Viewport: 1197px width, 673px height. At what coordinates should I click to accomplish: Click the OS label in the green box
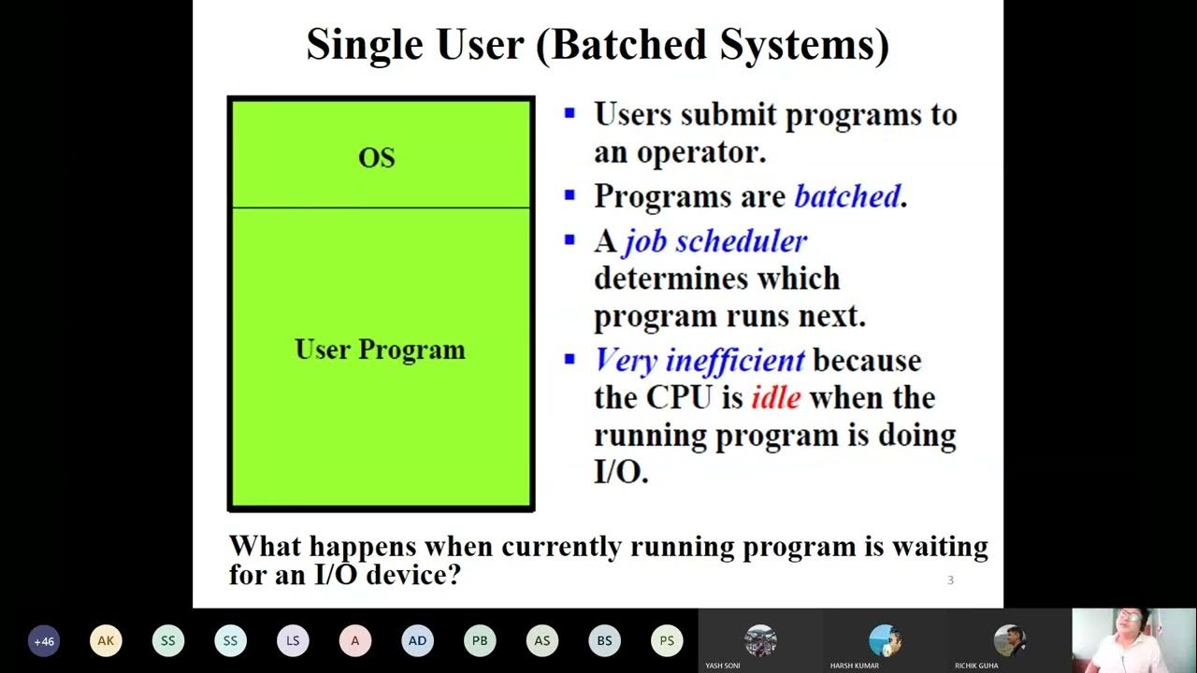(377, 158)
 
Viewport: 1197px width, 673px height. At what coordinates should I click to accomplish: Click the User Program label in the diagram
(380, 350)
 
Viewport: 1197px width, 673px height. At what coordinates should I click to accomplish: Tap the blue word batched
(846, 196)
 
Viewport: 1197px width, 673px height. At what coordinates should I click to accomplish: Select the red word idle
(775, 397)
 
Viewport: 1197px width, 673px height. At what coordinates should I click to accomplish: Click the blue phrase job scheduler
(714, 241)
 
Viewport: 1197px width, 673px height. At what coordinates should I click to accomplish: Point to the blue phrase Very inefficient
(699, 360)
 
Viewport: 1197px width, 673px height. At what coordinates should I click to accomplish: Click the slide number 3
(950, 580)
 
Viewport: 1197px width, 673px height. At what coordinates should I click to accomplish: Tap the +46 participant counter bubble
(44, 641)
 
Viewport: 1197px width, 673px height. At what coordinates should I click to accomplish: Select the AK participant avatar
(106, 641)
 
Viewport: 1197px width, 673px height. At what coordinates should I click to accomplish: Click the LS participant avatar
(293, 641)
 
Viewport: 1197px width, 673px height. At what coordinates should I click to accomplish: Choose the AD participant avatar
(417, 641)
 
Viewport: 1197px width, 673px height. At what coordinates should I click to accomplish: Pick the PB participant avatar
(480, 641)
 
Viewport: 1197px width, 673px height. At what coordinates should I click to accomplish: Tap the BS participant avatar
(604, 641)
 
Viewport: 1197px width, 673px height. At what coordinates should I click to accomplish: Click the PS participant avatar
(667, 641)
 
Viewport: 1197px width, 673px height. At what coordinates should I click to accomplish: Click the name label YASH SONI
(723, 666)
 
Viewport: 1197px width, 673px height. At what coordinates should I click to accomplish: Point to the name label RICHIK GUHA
(976, 666)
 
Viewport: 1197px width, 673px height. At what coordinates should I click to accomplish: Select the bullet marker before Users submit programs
(570, 114)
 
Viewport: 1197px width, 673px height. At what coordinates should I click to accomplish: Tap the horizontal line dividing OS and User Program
(381, 208)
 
